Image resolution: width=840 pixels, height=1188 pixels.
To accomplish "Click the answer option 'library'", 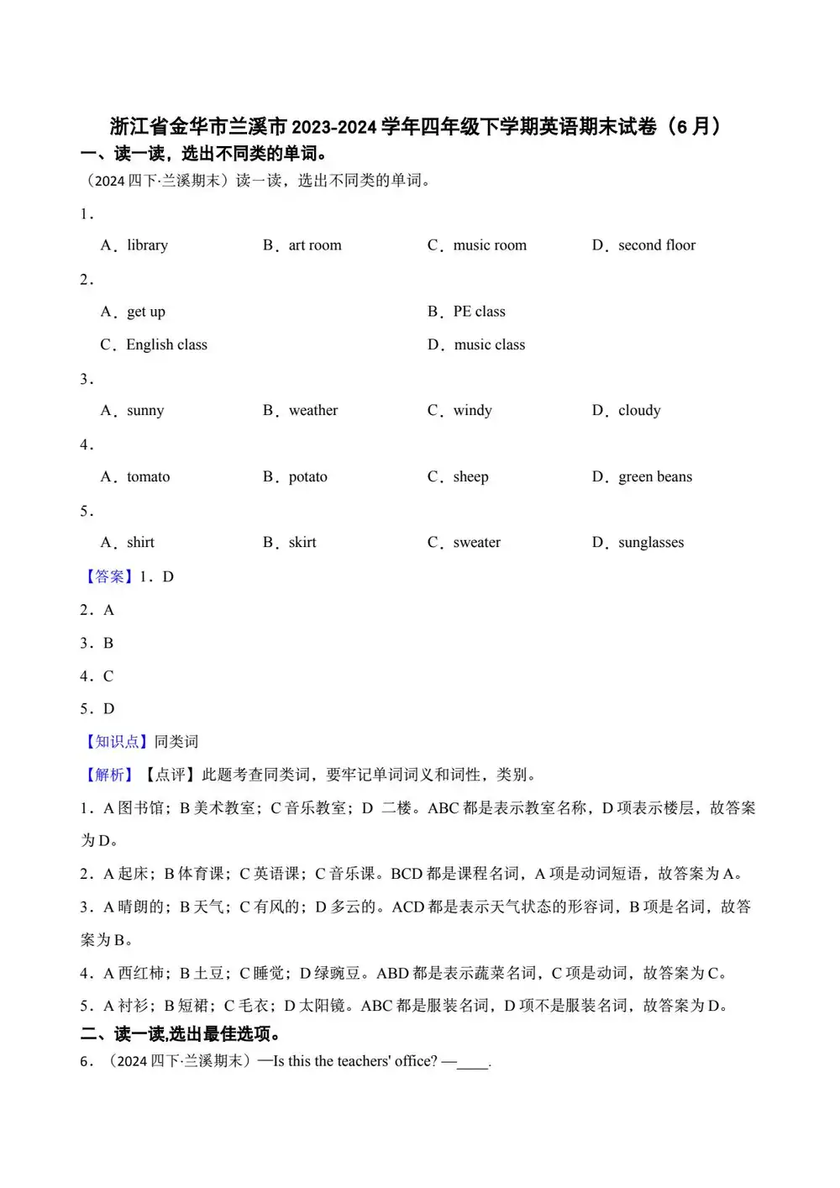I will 147,245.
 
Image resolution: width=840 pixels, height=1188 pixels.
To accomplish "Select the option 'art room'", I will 315,245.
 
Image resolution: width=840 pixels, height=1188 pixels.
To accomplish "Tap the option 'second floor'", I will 657,245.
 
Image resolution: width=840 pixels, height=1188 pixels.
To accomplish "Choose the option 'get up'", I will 146,312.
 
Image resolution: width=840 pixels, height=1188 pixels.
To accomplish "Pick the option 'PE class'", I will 479,312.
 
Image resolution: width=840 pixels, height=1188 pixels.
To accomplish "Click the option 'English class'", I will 166,344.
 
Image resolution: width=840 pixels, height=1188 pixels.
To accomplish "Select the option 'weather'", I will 313,411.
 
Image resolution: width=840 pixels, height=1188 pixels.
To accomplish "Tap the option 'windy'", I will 472,411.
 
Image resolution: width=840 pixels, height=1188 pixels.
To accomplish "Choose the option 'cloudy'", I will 639,411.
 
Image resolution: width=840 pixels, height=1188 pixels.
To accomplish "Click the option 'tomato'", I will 148,477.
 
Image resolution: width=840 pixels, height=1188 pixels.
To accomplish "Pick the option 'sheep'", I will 470,477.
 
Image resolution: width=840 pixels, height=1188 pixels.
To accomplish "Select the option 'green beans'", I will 655,477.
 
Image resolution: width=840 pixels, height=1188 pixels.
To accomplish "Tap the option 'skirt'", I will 302,543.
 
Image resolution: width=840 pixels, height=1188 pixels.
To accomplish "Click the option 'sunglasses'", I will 651,543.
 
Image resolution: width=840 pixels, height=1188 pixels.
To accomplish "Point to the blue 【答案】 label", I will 106,576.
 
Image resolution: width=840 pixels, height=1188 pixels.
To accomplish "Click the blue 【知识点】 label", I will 113,742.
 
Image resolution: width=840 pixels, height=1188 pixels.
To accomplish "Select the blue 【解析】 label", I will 106,775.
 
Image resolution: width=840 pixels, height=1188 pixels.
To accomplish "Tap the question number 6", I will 86,1062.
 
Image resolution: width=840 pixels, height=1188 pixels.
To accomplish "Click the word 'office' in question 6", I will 415,1061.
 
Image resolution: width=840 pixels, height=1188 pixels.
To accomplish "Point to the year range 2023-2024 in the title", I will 333,127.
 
